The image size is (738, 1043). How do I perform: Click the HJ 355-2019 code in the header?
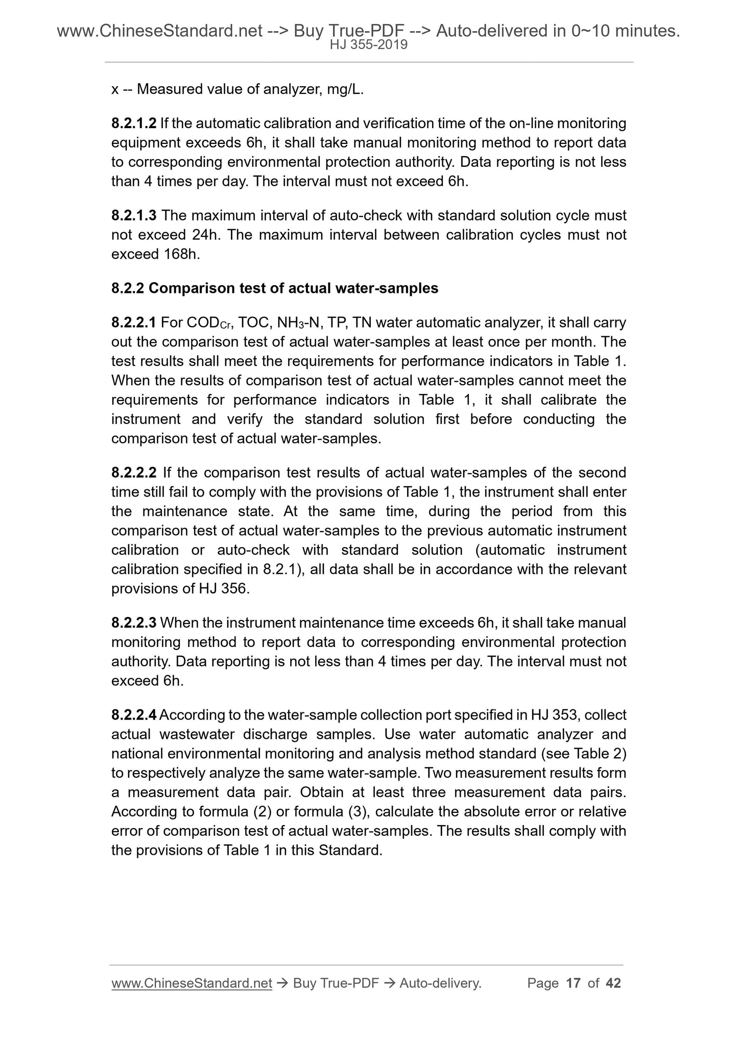pyautogui.click(x=368, y=45)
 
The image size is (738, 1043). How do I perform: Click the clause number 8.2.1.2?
pyautogui.click(x=134, y=123)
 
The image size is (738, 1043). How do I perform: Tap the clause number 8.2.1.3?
pyautogui.click(x=134, y=216)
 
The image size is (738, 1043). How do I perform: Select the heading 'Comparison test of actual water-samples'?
pyautogui.click(x=293, y=289)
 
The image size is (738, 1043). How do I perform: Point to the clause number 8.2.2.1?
pyautogui.click(x=134, y=323)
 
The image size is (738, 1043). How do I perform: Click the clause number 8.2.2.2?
pyautogui.click(x=134, y=473)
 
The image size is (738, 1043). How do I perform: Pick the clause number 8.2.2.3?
pyautogui.click(x=134, y=623)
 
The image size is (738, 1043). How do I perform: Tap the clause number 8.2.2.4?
pyautogui.click(x=134, y=715)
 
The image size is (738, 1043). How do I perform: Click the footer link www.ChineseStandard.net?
pyautogui.click(x=192, y=983)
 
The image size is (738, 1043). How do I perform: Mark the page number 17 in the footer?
pyautogui.click(x=574, y=983)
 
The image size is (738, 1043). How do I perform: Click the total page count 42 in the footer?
pyautogui.click(x=613, y=983)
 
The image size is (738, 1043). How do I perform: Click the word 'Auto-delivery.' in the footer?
pyautogui.click(x=441, y=983)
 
